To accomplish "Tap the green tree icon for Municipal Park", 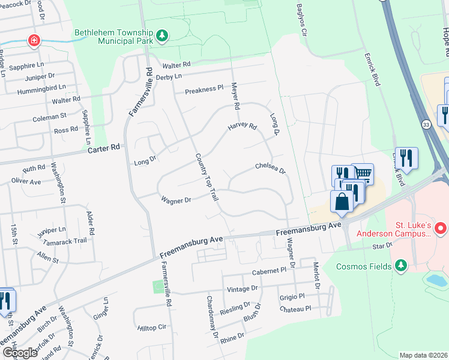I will (x=162, y=37).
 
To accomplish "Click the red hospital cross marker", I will (x=35, y=41).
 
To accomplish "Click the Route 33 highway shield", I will (x=426, y=124).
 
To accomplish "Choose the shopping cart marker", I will (x=362, y=173).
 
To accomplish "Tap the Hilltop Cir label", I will (x=151, y=328).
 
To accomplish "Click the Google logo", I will (x=20, y=353).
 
